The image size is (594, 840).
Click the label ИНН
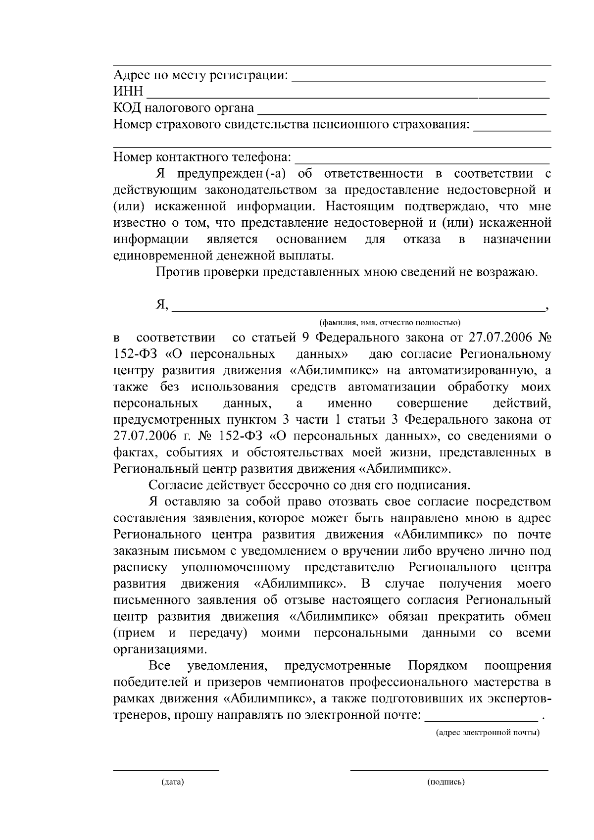[x=128, y=92]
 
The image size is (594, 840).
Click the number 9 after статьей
[x=304, y=338]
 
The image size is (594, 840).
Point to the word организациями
[x=158, y=649]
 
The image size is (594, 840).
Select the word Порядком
[x=438, y=666]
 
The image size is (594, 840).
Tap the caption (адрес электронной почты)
[x=487, y=732]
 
